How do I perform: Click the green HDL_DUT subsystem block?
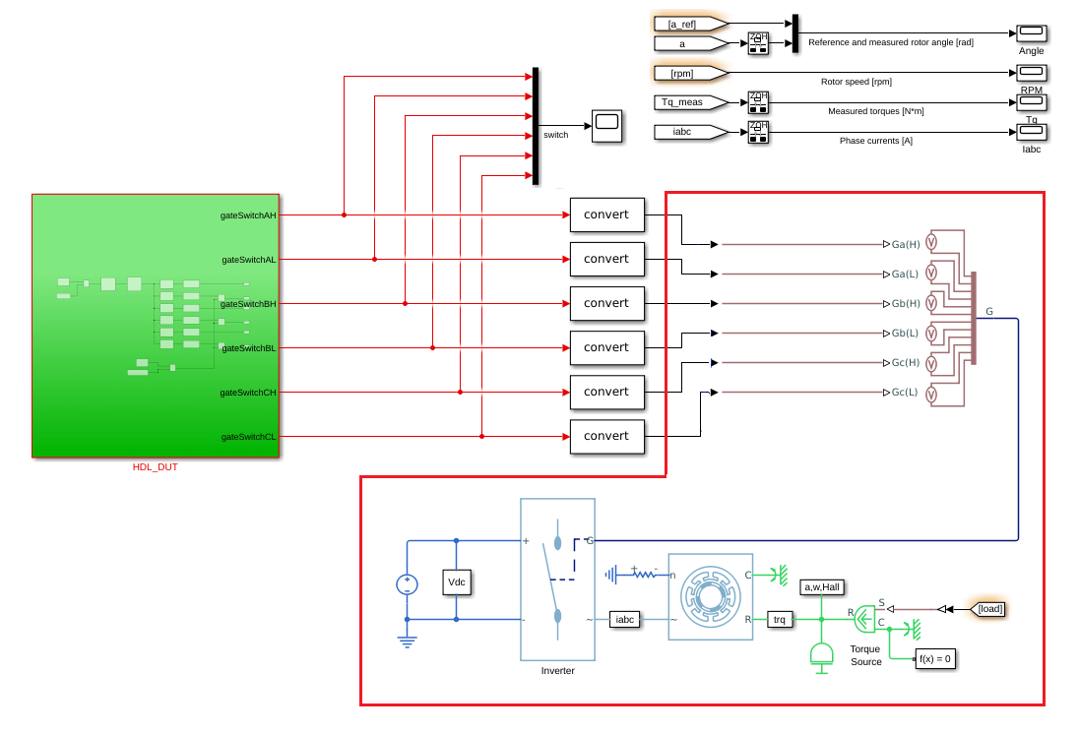[156, 325]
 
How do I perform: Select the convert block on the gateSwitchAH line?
[606, 214]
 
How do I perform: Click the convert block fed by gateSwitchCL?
[606, 436]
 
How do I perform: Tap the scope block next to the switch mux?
[606, 126]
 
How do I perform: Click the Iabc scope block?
[1031, 133]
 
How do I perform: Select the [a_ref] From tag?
[690, 23]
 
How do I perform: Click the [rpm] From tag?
[690, 73]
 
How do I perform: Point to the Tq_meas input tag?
[690, 102]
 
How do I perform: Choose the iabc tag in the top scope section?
[690, 132]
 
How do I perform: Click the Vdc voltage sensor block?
[457, 581]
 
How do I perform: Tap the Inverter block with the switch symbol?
[557, 580]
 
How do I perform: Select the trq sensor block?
[780, 619]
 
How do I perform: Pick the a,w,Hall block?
[822, 586]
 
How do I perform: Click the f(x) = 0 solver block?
[934, 659]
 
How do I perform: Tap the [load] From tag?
[989, 609]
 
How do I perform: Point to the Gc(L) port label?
[905, 393]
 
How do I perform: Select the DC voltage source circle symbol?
[407, 584]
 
